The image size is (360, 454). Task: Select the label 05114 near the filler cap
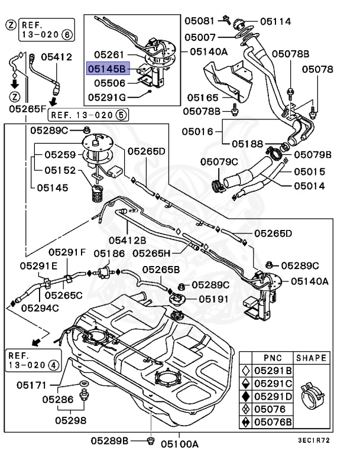click(x=275, y=21)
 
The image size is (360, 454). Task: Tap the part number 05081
click(x=199, y=21)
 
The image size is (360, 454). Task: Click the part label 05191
click(x=213, y=299)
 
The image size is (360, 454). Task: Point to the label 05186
click(x=108, y=253)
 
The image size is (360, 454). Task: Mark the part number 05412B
click(x=127, y=239)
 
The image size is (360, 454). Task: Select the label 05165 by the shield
click(x=202, y=98)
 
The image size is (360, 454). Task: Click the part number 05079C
click(x=219, y=161)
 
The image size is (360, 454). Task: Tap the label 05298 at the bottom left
click(x=71, y=421)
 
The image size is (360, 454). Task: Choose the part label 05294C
click(x=40, y=307)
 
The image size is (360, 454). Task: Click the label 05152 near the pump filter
click(x=61, y=170)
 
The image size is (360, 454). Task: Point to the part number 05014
click(x=310, y=185)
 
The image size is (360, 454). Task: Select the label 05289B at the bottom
click(x=109, y=442)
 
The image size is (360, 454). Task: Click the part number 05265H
click(x=151, y=252)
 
